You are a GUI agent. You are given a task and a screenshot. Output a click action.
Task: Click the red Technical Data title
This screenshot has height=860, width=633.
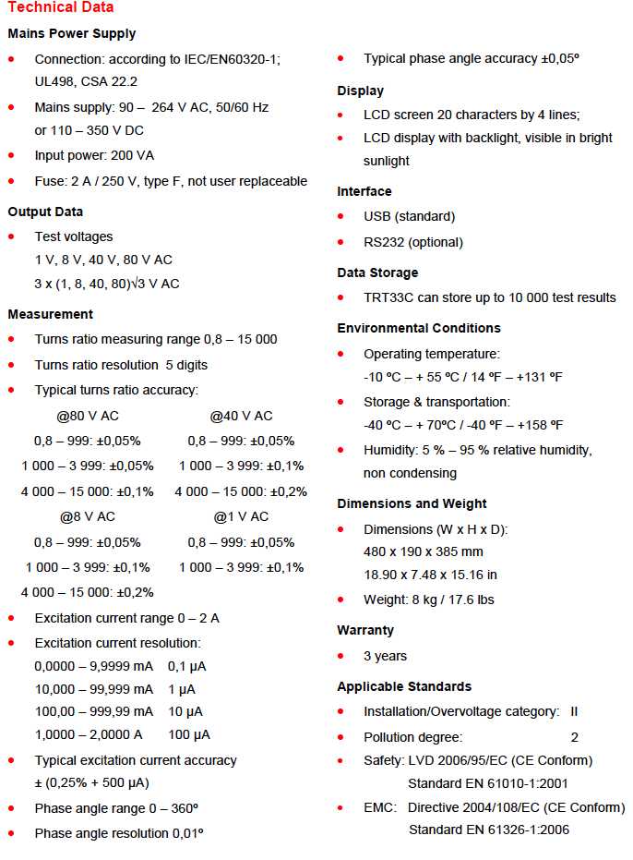pos(61,7)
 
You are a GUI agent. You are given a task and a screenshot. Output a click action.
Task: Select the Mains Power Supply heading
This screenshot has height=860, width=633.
pos(72,33)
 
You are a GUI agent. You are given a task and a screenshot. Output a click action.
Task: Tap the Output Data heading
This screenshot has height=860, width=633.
pos(45,212)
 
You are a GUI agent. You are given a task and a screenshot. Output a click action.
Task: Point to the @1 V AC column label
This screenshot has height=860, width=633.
pos(241,516)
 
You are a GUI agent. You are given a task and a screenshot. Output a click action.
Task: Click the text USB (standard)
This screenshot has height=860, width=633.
pos(409,216)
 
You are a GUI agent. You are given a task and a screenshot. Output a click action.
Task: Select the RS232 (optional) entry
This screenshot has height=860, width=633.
pos(413,242)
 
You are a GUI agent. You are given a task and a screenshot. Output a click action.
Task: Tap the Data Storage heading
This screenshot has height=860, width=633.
pos(377,273)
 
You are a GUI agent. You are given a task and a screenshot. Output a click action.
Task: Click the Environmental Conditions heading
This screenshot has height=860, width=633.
pos(419,328)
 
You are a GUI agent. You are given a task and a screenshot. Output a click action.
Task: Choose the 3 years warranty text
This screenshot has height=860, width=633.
pos(385,656)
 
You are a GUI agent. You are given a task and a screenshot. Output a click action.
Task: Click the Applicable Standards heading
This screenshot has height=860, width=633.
pos(404,686)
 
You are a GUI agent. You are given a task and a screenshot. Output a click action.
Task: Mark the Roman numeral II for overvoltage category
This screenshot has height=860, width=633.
pos(574,711)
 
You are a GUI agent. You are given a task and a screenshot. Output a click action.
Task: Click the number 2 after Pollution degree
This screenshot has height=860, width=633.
pos(574,737)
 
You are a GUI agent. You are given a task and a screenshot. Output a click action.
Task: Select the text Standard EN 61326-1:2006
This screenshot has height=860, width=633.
pos(489,830)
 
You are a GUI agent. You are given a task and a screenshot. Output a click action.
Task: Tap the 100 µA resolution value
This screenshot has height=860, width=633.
pos(189,734)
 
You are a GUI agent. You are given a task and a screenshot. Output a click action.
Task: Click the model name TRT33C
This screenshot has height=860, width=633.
pos(391,297)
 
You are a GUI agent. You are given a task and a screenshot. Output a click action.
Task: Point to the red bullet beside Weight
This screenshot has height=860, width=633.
pos(341,600)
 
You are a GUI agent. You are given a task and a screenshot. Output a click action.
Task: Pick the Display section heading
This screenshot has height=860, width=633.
pos(361,91)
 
